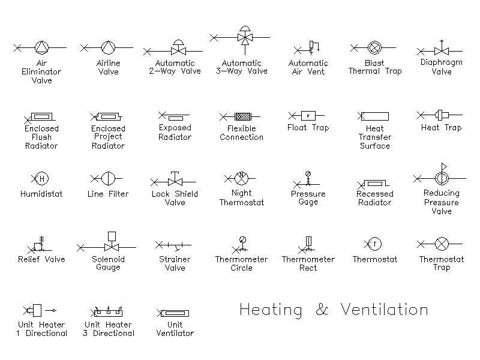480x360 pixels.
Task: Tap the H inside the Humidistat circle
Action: coord(42,178)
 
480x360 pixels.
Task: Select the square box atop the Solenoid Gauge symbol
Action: coord(112,236)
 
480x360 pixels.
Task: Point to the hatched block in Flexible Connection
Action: coord(243,116)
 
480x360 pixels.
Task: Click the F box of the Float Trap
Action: coord(308,116)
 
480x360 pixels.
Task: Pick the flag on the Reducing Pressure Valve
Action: coord(444,167)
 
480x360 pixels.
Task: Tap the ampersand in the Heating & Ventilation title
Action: coord(322,310)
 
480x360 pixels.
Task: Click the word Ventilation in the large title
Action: coord(384,309)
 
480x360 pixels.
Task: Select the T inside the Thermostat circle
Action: coord(374,244)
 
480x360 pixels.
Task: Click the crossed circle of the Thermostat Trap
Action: coord(442,244)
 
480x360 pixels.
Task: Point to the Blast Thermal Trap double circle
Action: coord(374,47)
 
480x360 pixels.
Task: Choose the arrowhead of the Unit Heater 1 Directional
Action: coord(54,310)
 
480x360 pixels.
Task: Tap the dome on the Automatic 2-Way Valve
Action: coord(178,43)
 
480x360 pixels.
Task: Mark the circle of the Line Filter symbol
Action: coord(108,178)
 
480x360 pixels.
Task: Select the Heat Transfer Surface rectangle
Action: coord(374,116)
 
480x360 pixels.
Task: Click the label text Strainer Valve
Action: coord(175,263)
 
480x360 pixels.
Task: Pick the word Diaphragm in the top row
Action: coord(441,62)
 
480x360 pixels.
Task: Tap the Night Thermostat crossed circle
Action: coord(241,178)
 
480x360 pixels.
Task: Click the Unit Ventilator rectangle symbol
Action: coord(175,313)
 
